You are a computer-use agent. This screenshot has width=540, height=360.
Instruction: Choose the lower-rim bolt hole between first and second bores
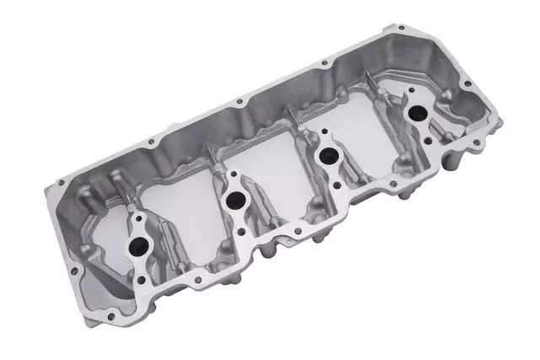coord(208,271)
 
